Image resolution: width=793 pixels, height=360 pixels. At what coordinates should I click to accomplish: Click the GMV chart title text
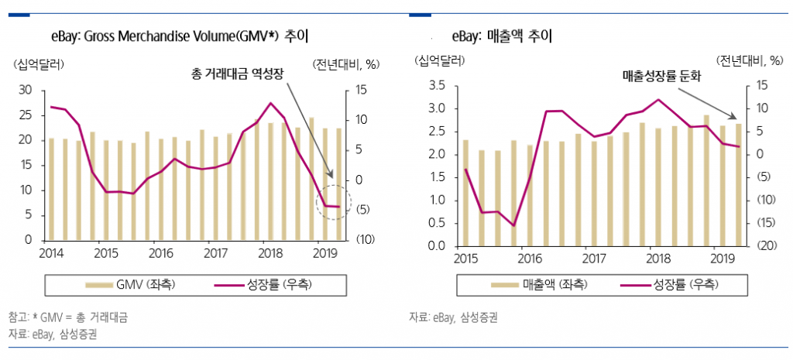[179, 36]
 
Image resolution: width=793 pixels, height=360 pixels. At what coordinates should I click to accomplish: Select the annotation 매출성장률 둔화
[662, 76]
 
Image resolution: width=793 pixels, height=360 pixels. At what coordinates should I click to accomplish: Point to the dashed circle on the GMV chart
[335, 203]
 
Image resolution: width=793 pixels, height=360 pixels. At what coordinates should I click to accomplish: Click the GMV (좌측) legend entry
[132, 284]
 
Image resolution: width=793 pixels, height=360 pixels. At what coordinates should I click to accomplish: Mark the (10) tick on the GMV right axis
[365, 239]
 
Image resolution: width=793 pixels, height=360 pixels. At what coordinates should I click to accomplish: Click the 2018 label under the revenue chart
[657, 258]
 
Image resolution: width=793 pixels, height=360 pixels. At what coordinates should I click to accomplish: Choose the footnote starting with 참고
[68, 317]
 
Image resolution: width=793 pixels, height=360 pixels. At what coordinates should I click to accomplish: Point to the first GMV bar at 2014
[52, 189]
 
